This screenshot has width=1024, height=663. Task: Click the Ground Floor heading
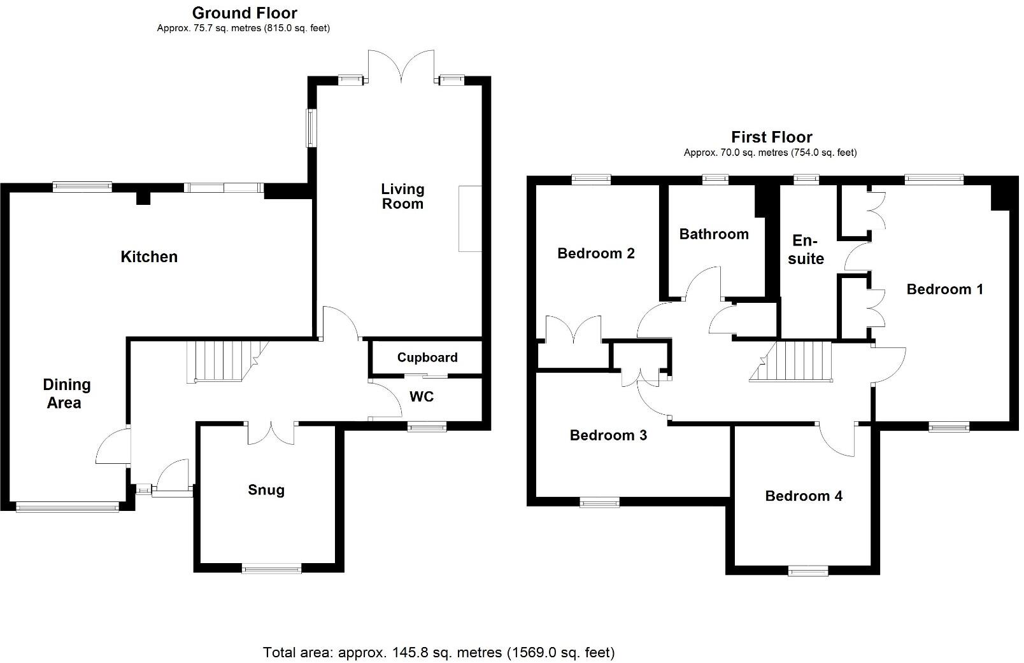245,13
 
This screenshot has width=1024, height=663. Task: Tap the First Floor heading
772,137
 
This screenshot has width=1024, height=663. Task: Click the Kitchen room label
149,256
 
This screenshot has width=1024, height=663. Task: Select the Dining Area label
66,394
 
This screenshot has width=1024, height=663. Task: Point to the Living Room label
402,197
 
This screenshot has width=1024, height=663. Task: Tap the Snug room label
266,490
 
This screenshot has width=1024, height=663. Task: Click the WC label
422,397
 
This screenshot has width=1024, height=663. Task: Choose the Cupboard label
427,358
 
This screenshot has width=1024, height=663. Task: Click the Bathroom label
714,234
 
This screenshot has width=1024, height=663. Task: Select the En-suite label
806,249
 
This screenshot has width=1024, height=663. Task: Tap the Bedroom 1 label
944,289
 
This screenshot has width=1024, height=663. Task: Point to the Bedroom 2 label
595,253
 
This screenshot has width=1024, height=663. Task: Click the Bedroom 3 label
608,435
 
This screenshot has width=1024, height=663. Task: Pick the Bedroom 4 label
804,496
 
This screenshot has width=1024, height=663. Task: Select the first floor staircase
790,361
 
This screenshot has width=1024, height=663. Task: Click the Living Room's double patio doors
401,67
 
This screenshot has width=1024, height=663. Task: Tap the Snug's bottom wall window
271,569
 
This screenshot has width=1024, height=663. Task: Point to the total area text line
439,652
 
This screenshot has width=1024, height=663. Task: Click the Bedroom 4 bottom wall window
808,571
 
